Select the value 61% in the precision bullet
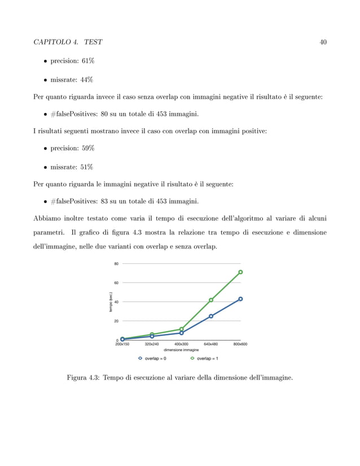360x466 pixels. tap(86, 60)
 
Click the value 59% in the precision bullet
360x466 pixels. tap(86, 148)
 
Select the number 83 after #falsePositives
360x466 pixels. tap(105, 202)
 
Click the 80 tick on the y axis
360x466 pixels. tap(116, 263)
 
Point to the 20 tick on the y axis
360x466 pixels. tap(116, 321)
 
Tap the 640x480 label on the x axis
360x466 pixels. tap(211, 343)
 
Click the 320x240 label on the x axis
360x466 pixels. tap(152, 343)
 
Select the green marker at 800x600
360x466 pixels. tap(240, 272)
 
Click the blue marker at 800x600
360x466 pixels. tap(240, 299)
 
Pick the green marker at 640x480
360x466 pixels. tap(211, 300)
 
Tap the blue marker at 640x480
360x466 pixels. tap(211, 316)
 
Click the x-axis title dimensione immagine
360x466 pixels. tap(181, 349)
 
